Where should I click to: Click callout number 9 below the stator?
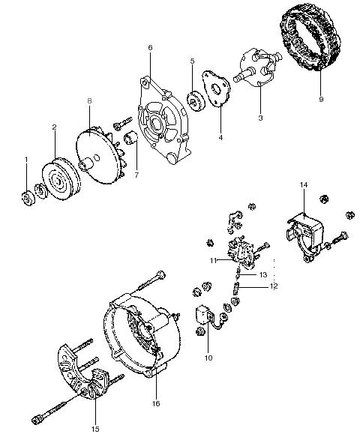[x=321, y=99]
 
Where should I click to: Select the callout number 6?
[x=150, y=48]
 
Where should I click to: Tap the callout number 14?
[x=304, y=185]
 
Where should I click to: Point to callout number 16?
[x=156, y=403]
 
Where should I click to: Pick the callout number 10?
[x=208, y=358]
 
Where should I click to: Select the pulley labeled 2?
[x=61, y=178]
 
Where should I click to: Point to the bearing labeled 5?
[x=195, y=103]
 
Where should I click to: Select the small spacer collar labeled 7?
[x=130, y=138]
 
